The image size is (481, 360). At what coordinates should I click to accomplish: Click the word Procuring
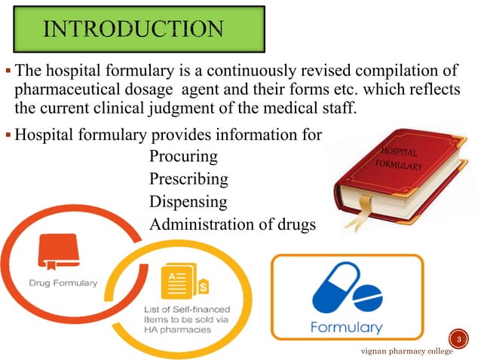[183, 157]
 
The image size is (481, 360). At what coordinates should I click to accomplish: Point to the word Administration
[198, 224]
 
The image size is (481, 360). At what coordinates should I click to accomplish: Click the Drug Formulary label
[63, 283]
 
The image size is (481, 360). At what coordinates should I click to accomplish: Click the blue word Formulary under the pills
[347, 328]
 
